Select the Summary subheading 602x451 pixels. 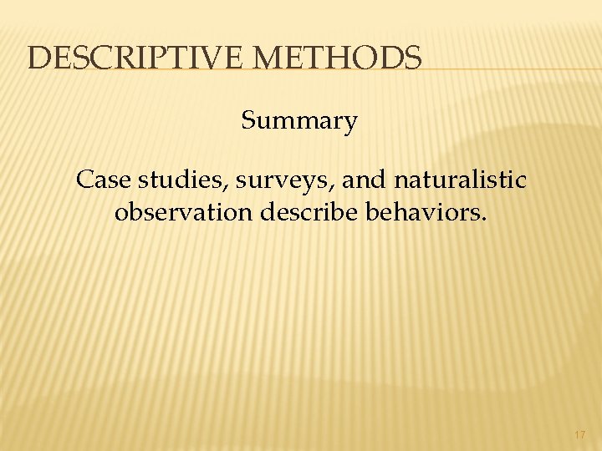[x=299, y=122]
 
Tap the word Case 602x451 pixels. [x=99, y=180]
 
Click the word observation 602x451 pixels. [x=183, y=212]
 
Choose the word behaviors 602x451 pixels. [x=420, y=212]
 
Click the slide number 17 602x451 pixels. [x=580, y=435]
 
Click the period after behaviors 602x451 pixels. [x=482, y=218]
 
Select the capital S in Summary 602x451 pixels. [x=248, y=122]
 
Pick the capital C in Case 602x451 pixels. [x=84, y=180]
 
